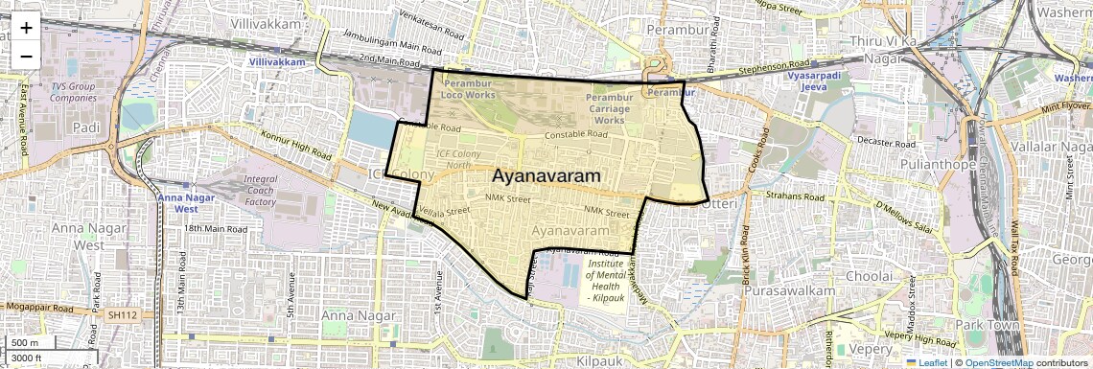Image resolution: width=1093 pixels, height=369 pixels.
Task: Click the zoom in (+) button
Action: click(x=26, y=27)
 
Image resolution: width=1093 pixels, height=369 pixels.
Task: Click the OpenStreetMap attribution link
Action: click(x=998, y=362)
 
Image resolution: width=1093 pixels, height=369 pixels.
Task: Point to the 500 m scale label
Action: click(x=26, y=343)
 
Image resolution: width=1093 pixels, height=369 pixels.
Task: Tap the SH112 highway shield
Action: click(x=122, y=314)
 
